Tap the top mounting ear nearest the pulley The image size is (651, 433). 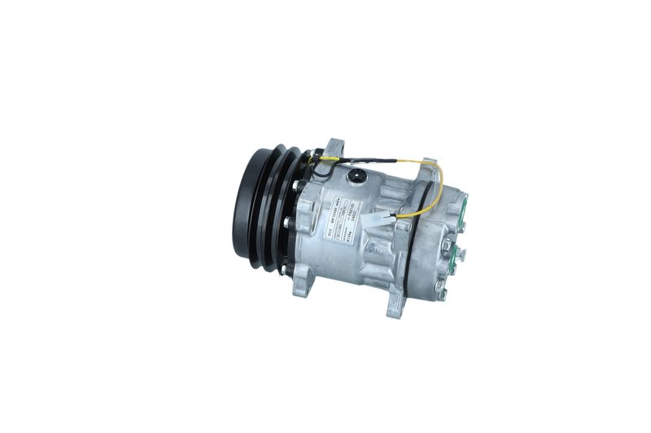[333, 151]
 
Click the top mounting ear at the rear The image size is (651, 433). [426, 168]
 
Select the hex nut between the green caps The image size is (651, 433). [447, 242]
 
